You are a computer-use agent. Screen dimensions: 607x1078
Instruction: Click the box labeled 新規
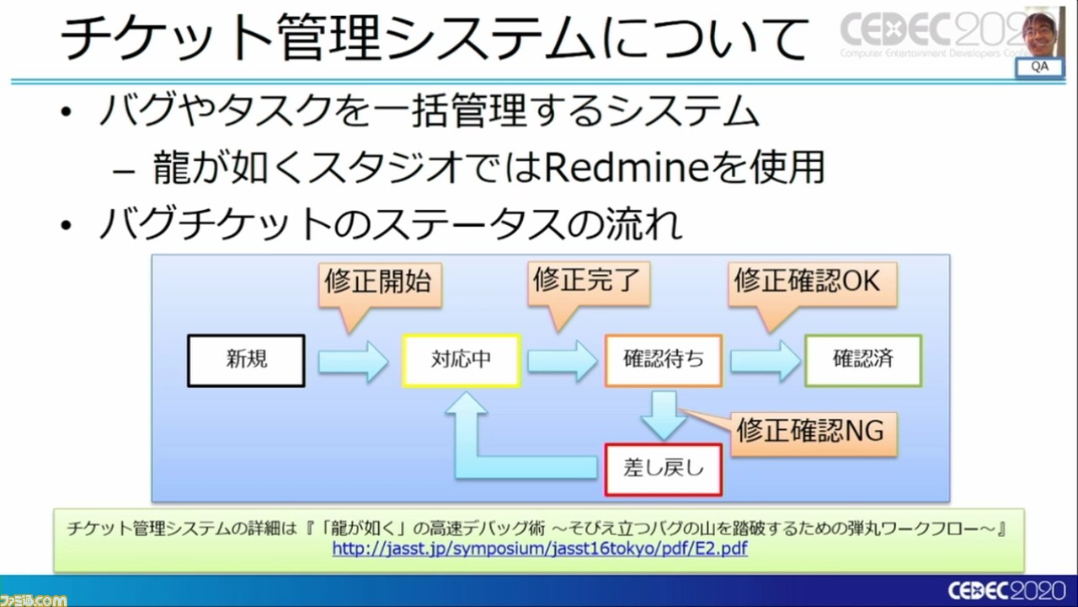click(x=246, y=360)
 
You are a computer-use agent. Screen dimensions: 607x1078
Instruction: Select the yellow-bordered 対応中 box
click(x=461, y=360)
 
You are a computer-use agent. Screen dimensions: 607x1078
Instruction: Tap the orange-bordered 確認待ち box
click(x=663, y=360)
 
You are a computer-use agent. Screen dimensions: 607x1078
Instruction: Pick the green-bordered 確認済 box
click(x=863, y=360)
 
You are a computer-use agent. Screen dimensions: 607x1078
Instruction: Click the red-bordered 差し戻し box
click(x=664, y=469)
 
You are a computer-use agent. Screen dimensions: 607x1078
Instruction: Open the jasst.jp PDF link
click(x=540, y=549)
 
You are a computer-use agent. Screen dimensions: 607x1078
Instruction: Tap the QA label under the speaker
click(x=1039, y=67)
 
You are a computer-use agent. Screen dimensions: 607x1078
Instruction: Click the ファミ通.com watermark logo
click(x=34, y=599)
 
